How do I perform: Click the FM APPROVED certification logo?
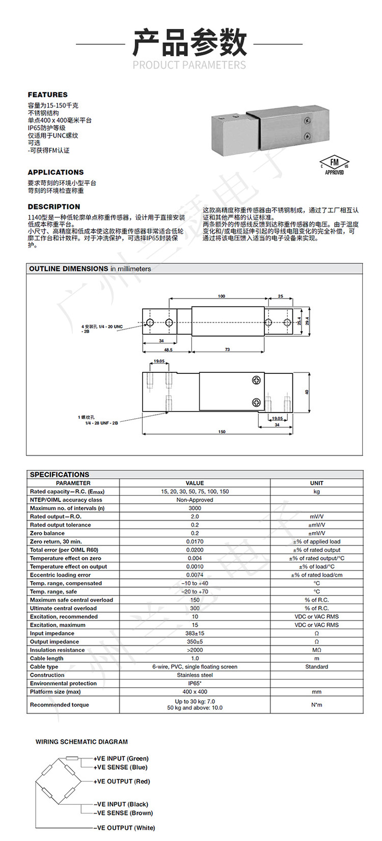[x=334, y=165]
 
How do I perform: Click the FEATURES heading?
[x=47, y=95]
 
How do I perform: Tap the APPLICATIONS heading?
[x=56, y=172]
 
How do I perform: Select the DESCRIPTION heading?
[x=53, y=207]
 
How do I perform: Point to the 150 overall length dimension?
[x=222, y=432]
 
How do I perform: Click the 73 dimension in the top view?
[x=227, y=349]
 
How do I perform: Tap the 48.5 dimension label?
[x=168, y=350]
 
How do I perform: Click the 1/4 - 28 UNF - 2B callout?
[x=101, y=423]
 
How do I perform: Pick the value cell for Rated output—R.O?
[x=195, y=517]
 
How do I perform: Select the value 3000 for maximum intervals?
[x=195, y=508]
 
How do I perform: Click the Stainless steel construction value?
[x=195, y=675]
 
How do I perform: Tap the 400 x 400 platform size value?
[x=195, y=692]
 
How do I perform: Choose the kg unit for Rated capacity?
[x=316, y=492]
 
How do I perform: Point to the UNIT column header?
[x=316, y=483]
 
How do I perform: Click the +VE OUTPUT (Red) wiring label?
[x=122, y=781]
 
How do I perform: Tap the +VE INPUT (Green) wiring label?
[x=121, y=758]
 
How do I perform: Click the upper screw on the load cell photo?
[x=307, y=121]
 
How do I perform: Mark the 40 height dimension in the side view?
[x=307, y=392]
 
